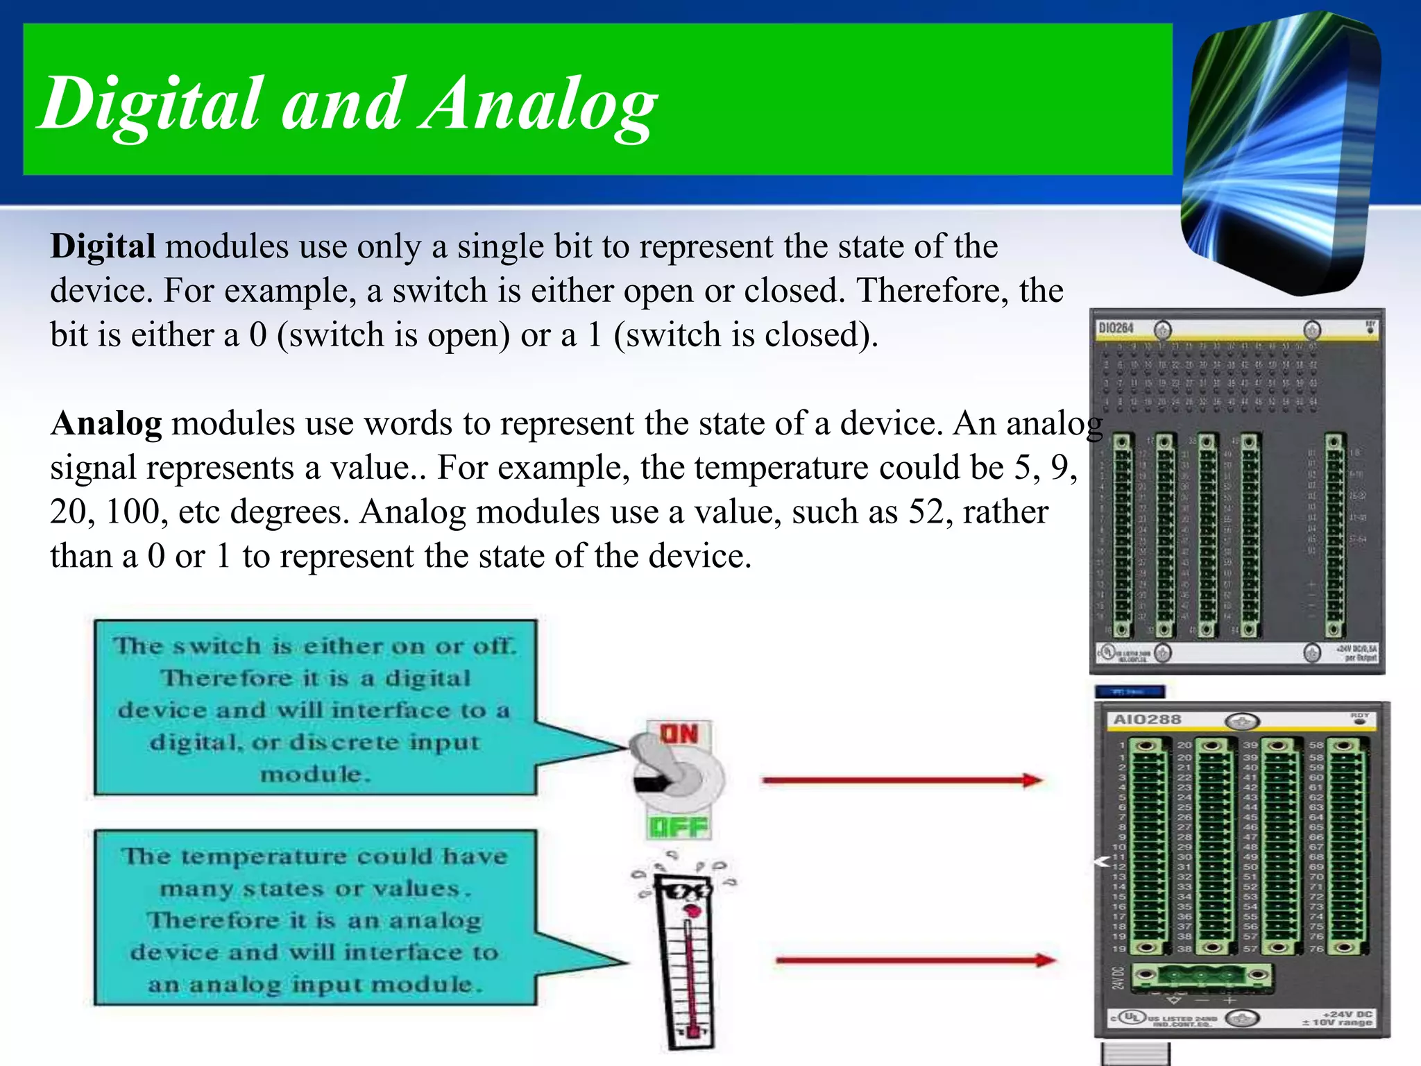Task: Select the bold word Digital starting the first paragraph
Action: tap(103, 246)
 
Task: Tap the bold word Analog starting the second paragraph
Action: tap(106, 423)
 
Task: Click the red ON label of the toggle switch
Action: tap(679, 734)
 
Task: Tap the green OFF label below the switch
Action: tap(678, 827)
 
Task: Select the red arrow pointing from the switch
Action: tap(902, 781)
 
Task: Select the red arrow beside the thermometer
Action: tap(916, 961)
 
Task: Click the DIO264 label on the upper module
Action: tap(1116, 328)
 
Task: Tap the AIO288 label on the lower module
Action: tap(1147, 720)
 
